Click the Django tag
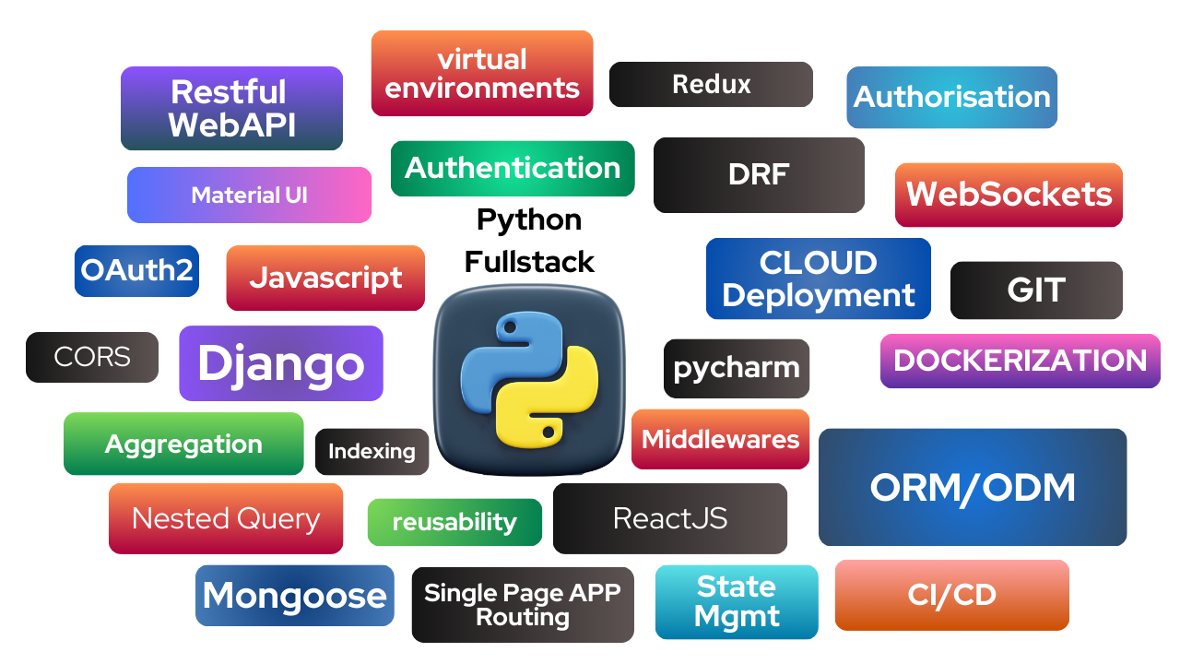click(280, 363)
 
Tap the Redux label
click(711, 85)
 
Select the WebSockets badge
click(1009, 195)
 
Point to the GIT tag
click(1036, 290)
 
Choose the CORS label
click(92, 357)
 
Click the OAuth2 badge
click(136, 270)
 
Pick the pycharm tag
click(737, 368)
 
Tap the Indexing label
click(372, 451)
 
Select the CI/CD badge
click(951, 595)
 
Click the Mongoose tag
click(294, 596)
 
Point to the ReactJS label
click(670, 518)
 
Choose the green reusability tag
click(454, 522)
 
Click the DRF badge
click(759, 174)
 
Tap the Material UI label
click(249, 196)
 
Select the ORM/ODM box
click(973, 488)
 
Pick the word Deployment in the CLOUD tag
click(819, 296)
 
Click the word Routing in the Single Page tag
click(522, 617)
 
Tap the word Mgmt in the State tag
click(736, 616)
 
